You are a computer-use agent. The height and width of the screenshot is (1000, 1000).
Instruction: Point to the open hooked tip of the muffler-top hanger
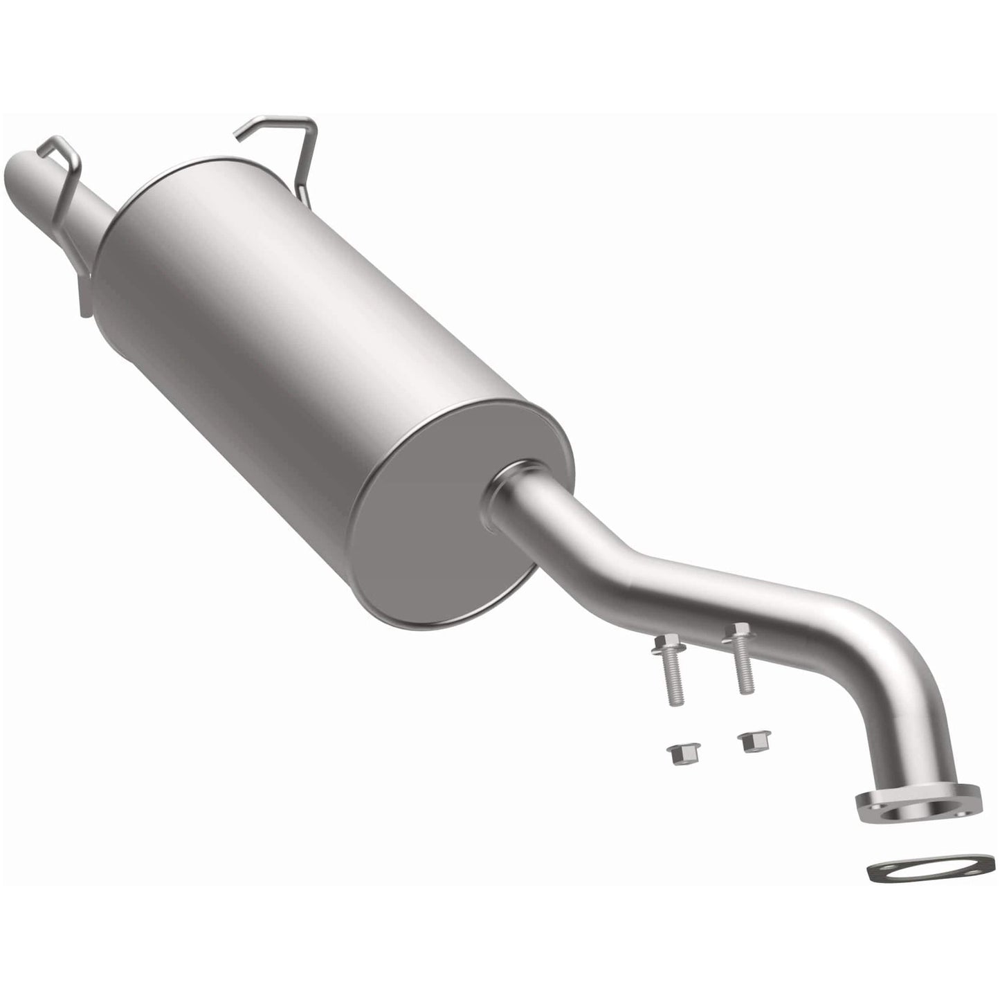tap(239, 137)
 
